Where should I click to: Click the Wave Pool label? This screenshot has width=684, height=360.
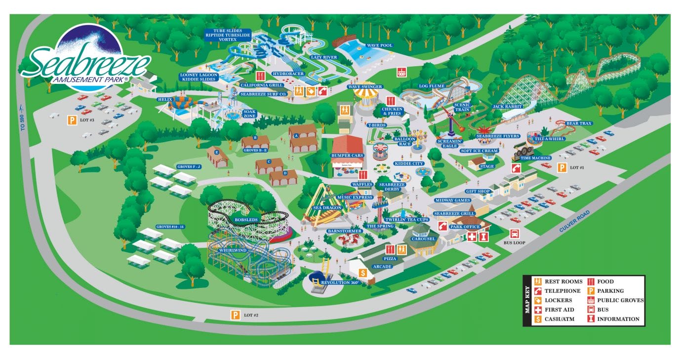point(379,45)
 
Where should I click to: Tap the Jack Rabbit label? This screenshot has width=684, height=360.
point(504,107)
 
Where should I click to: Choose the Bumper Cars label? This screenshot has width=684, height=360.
point(347,156)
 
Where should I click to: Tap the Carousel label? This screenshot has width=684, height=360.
point(424,239)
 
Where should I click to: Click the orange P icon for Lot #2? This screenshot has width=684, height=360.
point(236,315)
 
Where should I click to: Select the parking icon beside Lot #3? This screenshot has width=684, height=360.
point(72,119)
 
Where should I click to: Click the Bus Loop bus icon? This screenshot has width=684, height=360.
point(514,234)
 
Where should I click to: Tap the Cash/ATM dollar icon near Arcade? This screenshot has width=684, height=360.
point(362,273)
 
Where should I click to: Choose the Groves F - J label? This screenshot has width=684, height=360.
point(189,167)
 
